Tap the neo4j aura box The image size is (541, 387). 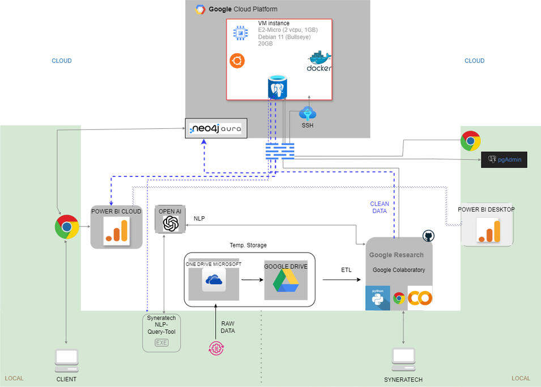click(x=217, y=129)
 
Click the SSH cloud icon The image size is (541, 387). click(x=308, y=113)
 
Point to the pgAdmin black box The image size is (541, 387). click(x=504, y=161)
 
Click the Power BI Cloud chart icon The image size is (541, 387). click(x=116, y=231)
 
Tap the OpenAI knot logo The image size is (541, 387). click(x=171, y=224)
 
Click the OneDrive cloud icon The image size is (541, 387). click(x=214, y=280)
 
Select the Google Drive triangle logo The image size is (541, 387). click(x=286, y=281)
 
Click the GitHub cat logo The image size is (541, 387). click(x=428, y=236)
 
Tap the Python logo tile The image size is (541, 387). click(x=377, y=298)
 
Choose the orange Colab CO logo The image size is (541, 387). click(x=420, y=298)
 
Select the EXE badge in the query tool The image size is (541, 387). click(x=161, y=343)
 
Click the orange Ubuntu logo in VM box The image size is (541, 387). click(x=237, y=61)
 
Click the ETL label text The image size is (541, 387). click(x=346, y=270)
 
